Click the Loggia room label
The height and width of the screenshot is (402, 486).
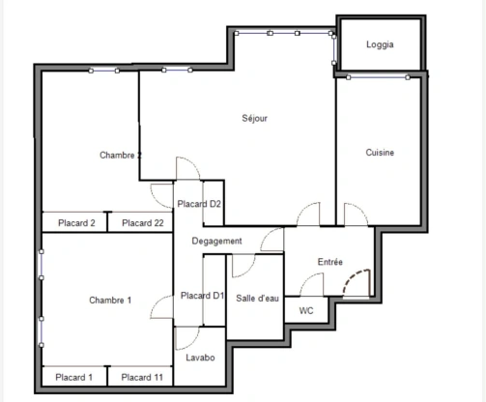click(x=380, y=45)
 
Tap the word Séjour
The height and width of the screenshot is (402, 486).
click(x=254, y=119)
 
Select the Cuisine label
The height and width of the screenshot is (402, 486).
click(x=380, y=153)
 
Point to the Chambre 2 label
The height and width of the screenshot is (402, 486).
click(x=121, y=155)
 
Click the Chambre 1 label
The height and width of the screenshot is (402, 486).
click(x=109, y=301)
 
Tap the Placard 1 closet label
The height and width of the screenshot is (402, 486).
click(x=74, y=377)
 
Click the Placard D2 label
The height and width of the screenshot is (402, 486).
click(x=200, y=204)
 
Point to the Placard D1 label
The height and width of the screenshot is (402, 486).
click(x=203, y=296)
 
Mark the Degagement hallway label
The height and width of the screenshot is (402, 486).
click(x=216, y=241)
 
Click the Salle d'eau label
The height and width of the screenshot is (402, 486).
click(x=256, y=298)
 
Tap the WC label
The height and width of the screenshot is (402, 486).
click(x=306, y=311)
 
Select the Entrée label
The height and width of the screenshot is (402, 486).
click(x=330, y=263)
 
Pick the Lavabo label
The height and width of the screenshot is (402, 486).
click(x=200, y=359)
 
